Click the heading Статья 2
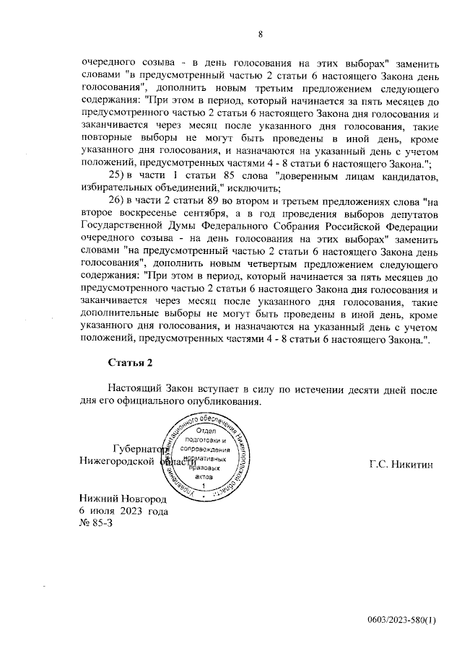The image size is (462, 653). [129, 362]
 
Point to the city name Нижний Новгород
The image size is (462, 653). [123, 499]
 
